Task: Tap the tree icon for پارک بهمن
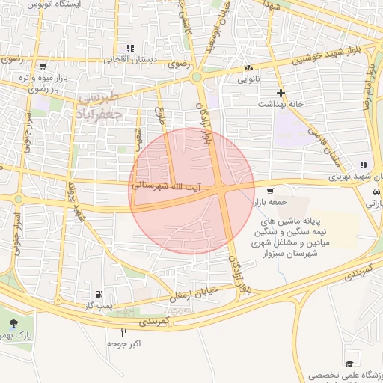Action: [x=14, y=324]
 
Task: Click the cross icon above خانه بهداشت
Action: [x=281, y=94]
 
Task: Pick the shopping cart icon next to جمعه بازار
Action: [x=270, y=191]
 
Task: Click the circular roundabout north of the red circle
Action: [x=197, y=76]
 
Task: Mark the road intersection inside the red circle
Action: [x=224, y=191]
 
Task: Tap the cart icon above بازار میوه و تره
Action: [x=43, y=66]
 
